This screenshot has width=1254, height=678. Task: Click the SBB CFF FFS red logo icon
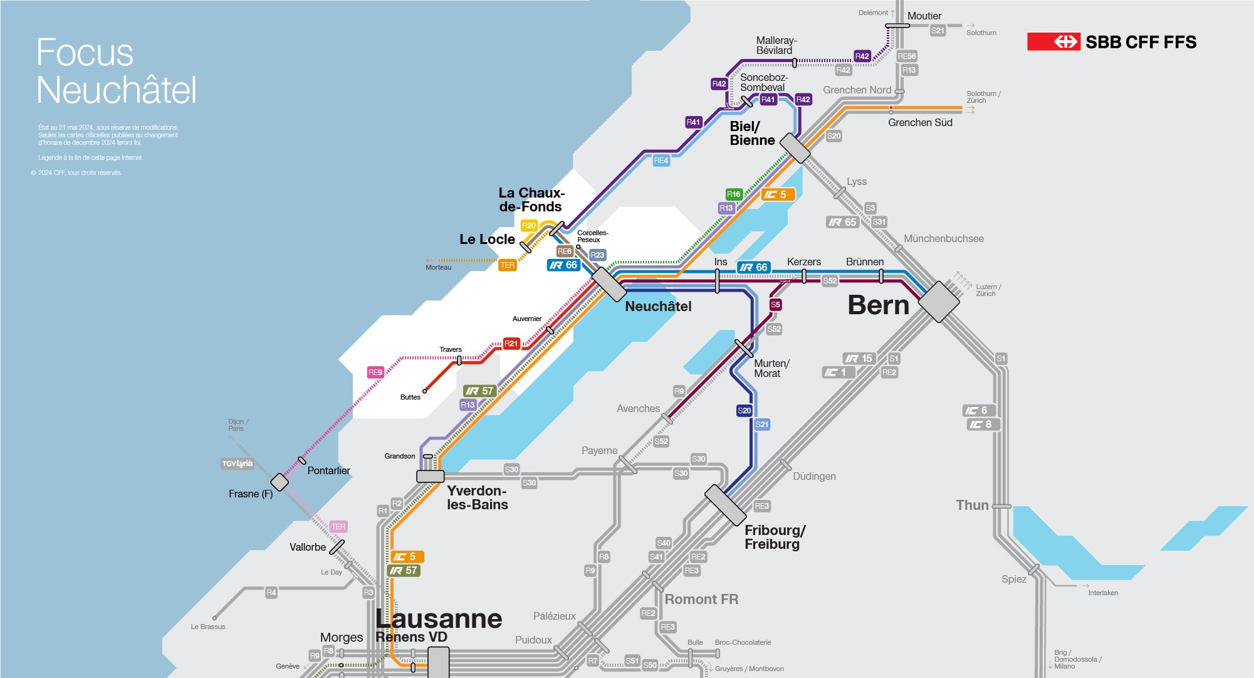[1053, 42]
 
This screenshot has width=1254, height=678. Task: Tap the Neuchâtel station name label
[658, 307]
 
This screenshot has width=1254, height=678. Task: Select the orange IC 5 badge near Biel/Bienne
[777, 195]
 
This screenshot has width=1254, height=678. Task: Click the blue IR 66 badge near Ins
[753, 268]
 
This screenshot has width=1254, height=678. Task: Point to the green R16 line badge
[733, 194]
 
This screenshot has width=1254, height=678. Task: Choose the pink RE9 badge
[375, 373]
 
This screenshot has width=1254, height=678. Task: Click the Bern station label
[878, 305]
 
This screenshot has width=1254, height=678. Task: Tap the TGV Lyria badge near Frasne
[237, 464]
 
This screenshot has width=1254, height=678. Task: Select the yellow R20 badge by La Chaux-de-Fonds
[529, 226]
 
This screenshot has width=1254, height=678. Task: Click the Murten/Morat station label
[771, 368]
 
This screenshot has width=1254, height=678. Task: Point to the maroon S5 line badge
[775, 305]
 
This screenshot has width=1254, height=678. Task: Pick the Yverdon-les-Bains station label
[477, 497]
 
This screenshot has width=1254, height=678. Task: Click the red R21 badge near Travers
[511, 344]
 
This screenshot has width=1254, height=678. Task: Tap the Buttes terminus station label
[410, 397]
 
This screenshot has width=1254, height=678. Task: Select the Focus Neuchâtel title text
[116, 70]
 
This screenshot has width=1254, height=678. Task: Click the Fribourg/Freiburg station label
[775, 537]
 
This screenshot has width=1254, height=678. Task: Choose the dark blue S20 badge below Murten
[744, 411]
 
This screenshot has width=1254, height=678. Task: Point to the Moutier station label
[924, 16]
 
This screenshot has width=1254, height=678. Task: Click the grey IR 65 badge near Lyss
[842, 223]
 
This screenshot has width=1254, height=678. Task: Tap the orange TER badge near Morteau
[507, 266]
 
